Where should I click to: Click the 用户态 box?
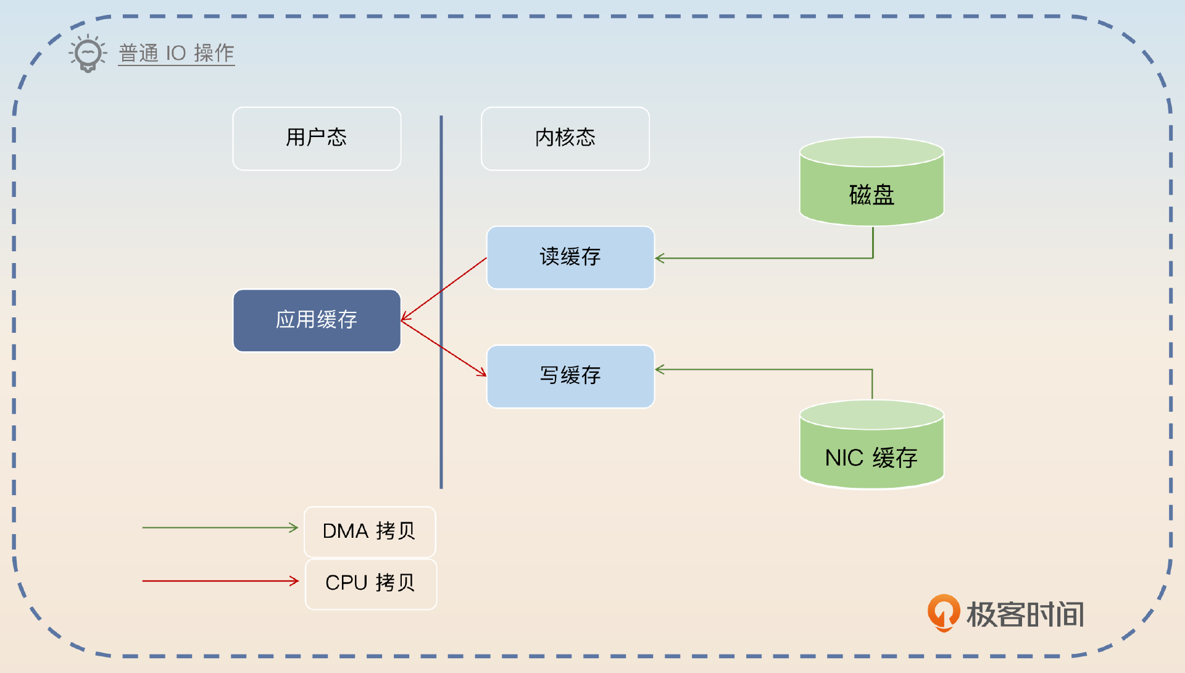(317, 138)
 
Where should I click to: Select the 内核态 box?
(565, 138)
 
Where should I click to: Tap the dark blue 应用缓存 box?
(317, 320)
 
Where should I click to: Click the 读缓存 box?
(570, 257)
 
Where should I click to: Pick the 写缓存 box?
(570, 376)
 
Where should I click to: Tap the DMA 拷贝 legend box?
(370, 532)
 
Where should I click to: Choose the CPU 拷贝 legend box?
(370, 583)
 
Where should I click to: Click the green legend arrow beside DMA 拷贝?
(219, 527)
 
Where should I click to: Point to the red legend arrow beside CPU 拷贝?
(219, 580)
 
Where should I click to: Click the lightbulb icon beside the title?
(88, 54)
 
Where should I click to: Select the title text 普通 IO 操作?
(177, 53)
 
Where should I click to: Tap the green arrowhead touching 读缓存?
(660, 258)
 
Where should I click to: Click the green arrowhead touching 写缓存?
(660, 369)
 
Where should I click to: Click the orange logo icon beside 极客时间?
(943, 612)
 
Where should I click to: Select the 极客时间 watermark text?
(1025, 615)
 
